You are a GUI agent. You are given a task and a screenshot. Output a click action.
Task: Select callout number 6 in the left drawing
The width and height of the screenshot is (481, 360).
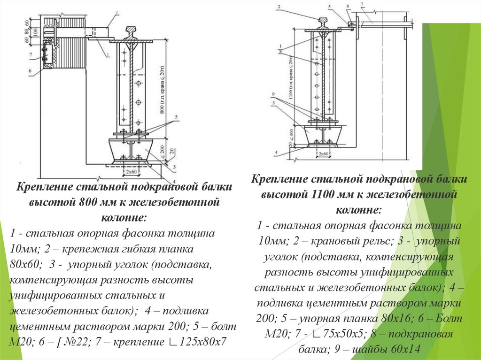point(29,71)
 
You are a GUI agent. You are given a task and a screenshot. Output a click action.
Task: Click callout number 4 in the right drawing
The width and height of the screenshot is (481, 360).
point(278,152)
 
